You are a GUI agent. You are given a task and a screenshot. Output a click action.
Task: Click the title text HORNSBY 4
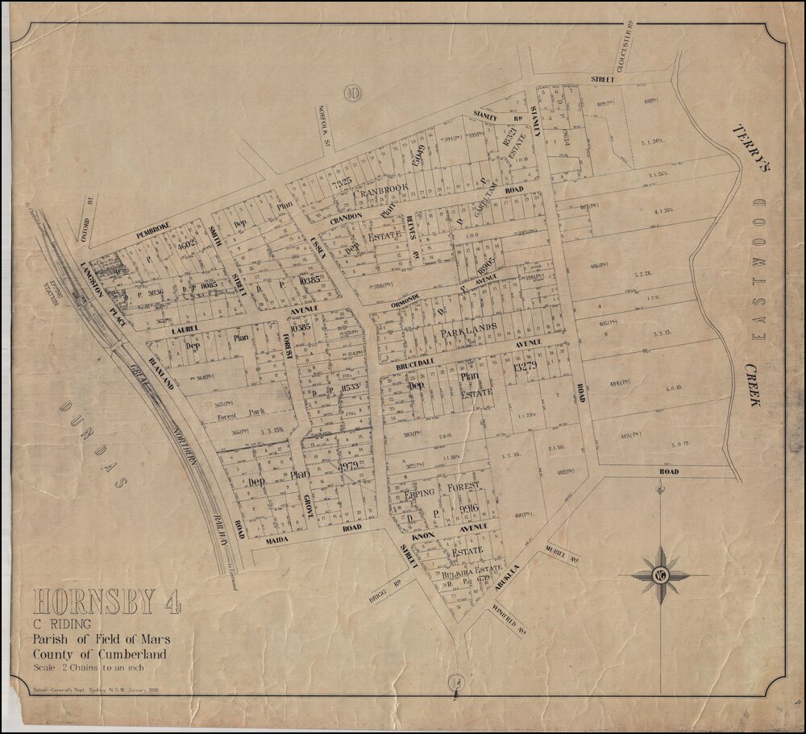pos(107,603)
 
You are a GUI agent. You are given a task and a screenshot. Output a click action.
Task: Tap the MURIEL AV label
pos(564,553)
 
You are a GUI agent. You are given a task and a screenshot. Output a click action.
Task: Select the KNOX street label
pos(423,535)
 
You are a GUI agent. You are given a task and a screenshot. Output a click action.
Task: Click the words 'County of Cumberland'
pos(99,654)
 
